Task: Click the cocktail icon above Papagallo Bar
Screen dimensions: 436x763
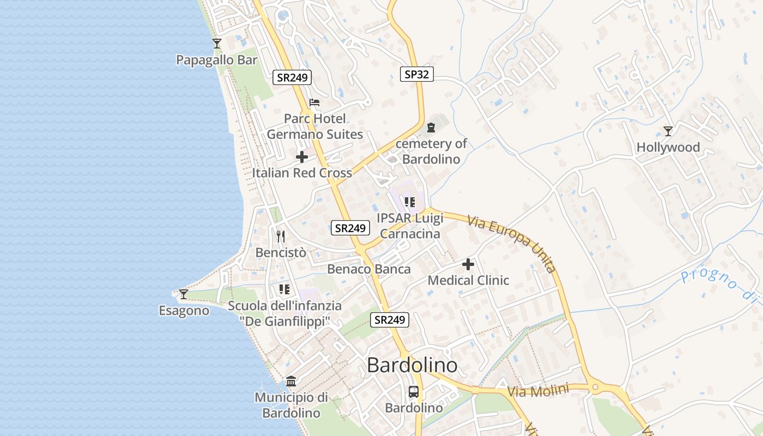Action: click(x=217, y=44)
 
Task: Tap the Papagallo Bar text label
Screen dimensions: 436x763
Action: click(x=216, y=60)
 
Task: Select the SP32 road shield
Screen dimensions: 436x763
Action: click(x=417, y=74)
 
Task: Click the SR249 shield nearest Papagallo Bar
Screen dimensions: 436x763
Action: click(x=292, y=77)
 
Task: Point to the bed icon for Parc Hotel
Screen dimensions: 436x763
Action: click(x=314, y=102)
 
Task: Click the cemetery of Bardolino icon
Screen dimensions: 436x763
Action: click(x=431, y=128)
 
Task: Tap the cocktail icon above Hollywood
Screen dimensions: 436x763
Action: click(x=668, y=131)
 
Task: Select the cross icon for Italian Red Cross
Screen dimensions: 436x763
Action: click(x=301, y=158)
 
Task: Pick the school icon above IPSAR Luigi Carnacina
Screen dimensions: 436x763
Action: click(x=410, y=203)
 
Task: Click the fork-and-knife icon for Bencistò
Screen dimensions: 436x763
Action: click(x=281, y=237)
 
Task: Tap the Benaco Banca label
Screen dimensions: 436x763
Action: click(x=369, y=269)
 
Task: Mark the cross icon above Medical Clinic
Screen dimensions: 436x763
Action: click(x=468, y=265)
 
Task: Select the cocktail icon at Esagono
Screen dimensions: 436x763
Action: click(x=184, y=294)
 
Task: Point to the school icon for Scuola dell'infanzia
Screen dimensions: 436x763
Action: click(x=284, y=289)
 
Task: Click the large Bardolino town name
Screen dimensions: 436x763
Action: click(x=412, y=365)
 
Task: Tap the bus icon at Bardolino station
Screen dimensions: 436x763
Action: click(x=414, y=391)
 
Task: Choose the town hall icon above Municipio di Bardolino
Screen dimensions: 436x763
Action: click(x=291, y=381)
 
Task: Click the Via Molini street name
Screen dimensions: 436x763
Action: click(x=538, y=390)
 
